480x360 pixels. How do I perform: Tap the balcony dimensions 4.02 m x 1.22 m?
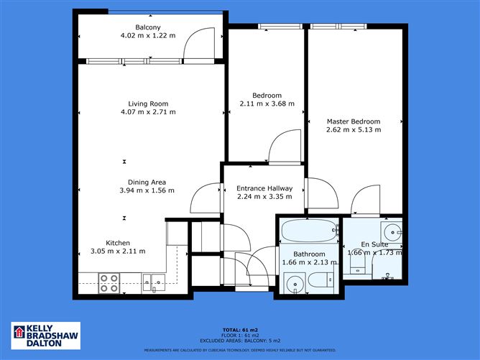(147, 35)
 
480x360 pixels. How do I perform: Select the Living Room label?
(147, 103)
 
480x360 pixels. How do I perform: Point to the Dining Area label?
(147, 182)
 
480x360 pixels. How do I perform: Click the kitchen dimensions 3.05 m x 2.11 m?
(118, 251)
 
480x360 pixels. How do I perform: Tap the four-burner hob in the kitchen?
(109, 283)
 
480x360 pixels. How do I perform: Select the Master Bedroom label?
(353, 121)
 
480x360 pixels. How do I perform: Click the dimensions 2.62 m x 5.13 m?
(353, 130)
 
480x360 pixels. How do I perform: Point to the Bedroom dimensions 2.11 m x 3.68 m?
(267, 104)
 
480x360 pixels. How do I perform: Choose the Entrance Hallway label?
(264, 188)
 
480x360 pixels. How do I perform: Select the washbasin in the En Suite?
(391, 232)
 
